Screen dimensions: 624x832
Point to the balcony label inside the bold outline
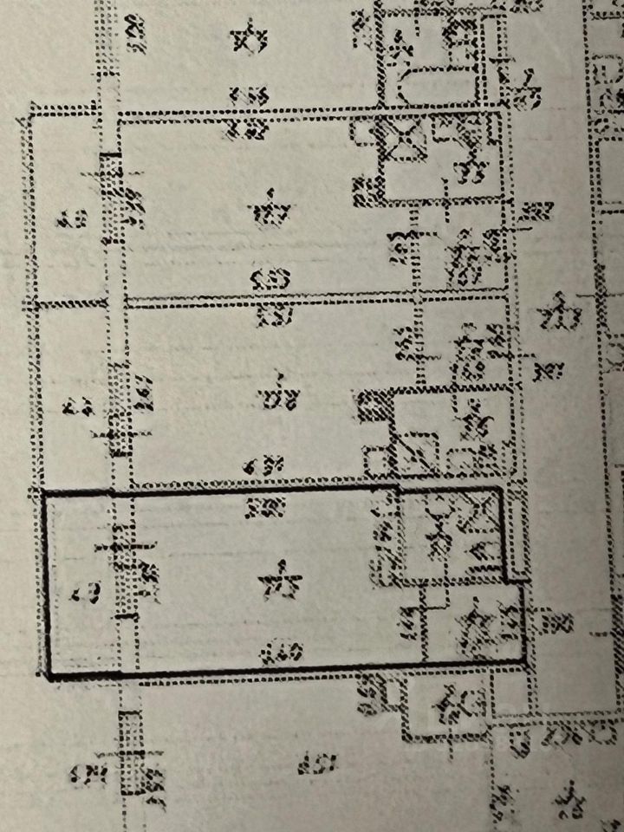83,595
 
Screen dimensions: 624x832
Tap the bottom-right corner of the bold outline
526,661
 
